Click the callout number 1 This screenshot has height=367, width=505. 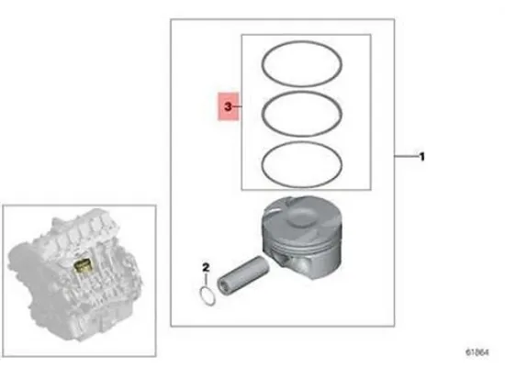coord(421,157)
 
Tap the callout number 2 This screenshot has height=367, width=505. coord(207,268)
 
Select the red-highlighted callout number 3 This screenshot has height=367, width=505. coord(226,108)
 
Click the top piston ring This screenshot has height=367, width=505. coord(304,48)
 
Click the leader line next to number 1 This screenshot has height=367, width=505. coord(406,157)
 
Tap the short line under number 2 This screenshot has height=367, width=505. coord(208,280)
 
